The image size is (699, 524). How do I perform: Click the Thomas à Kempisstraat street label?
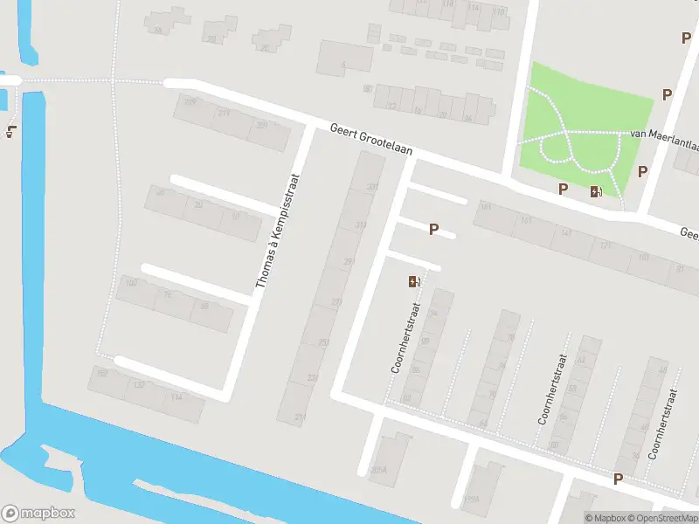278,231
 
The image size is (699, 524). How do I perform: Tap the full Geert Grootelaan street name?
371,140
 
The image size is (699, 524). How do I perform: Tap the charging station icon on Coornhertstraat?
413,281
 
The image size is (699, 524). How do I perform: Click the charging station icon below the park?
596,191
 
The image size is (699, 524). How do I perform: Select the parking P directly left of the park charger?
564,188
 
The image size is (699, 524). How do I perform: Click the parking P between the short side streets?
433,229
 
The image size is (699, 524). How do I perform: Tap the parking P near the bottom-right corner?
619,479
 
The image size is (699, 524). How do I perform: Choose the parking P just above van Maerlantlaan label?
668,94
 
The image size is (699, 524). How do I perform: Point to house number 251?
323,342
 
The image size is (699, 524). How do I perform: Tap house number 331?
360,224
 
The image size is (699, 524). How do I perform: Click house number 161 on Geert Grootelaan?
486,208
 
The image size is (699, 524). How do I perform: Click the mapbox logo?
38,514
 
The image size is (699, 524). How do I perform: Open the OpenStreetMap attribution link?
666,518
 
